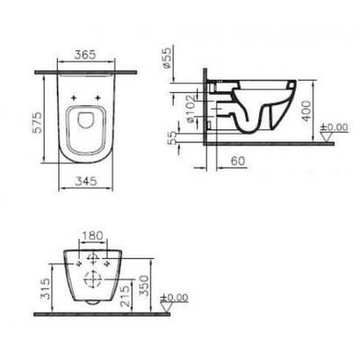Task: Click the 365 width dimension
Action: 85,54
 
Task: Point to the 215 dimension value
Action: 126,294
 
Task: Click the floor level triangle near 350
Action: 166,307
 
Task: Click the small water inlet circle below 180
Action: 90,256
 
